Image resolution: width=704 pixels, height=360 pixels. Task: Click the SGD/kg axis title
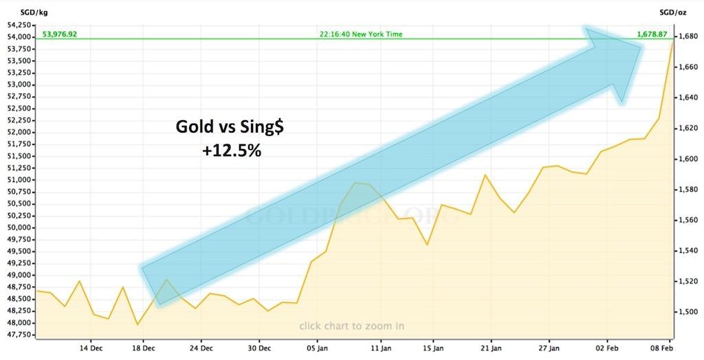coord(16,11)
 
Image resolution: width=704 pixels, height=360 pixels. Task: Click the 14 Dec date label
coord(91,349)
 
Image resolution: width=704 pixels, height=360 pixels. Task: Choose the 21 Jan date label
coord(491,349)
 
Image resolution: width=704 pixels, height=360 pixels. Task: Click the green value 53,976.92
coord(60,34)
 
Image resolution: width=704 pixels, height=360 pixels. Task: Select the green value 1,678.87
coord(648,34)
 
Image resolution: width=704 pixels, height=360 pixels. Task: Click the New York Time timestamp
coord(361,34)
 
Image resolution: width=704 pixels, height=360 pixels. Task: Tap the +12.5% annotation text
coord(232,150)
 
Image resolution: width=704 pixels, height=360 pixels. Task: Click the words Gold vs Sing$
coord(231,126)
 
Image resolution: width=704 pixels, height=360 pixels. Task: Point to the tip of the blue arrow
coord(641,48)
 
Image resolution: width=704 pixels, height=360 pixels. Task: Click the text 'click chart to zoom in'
coord(351,326)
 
